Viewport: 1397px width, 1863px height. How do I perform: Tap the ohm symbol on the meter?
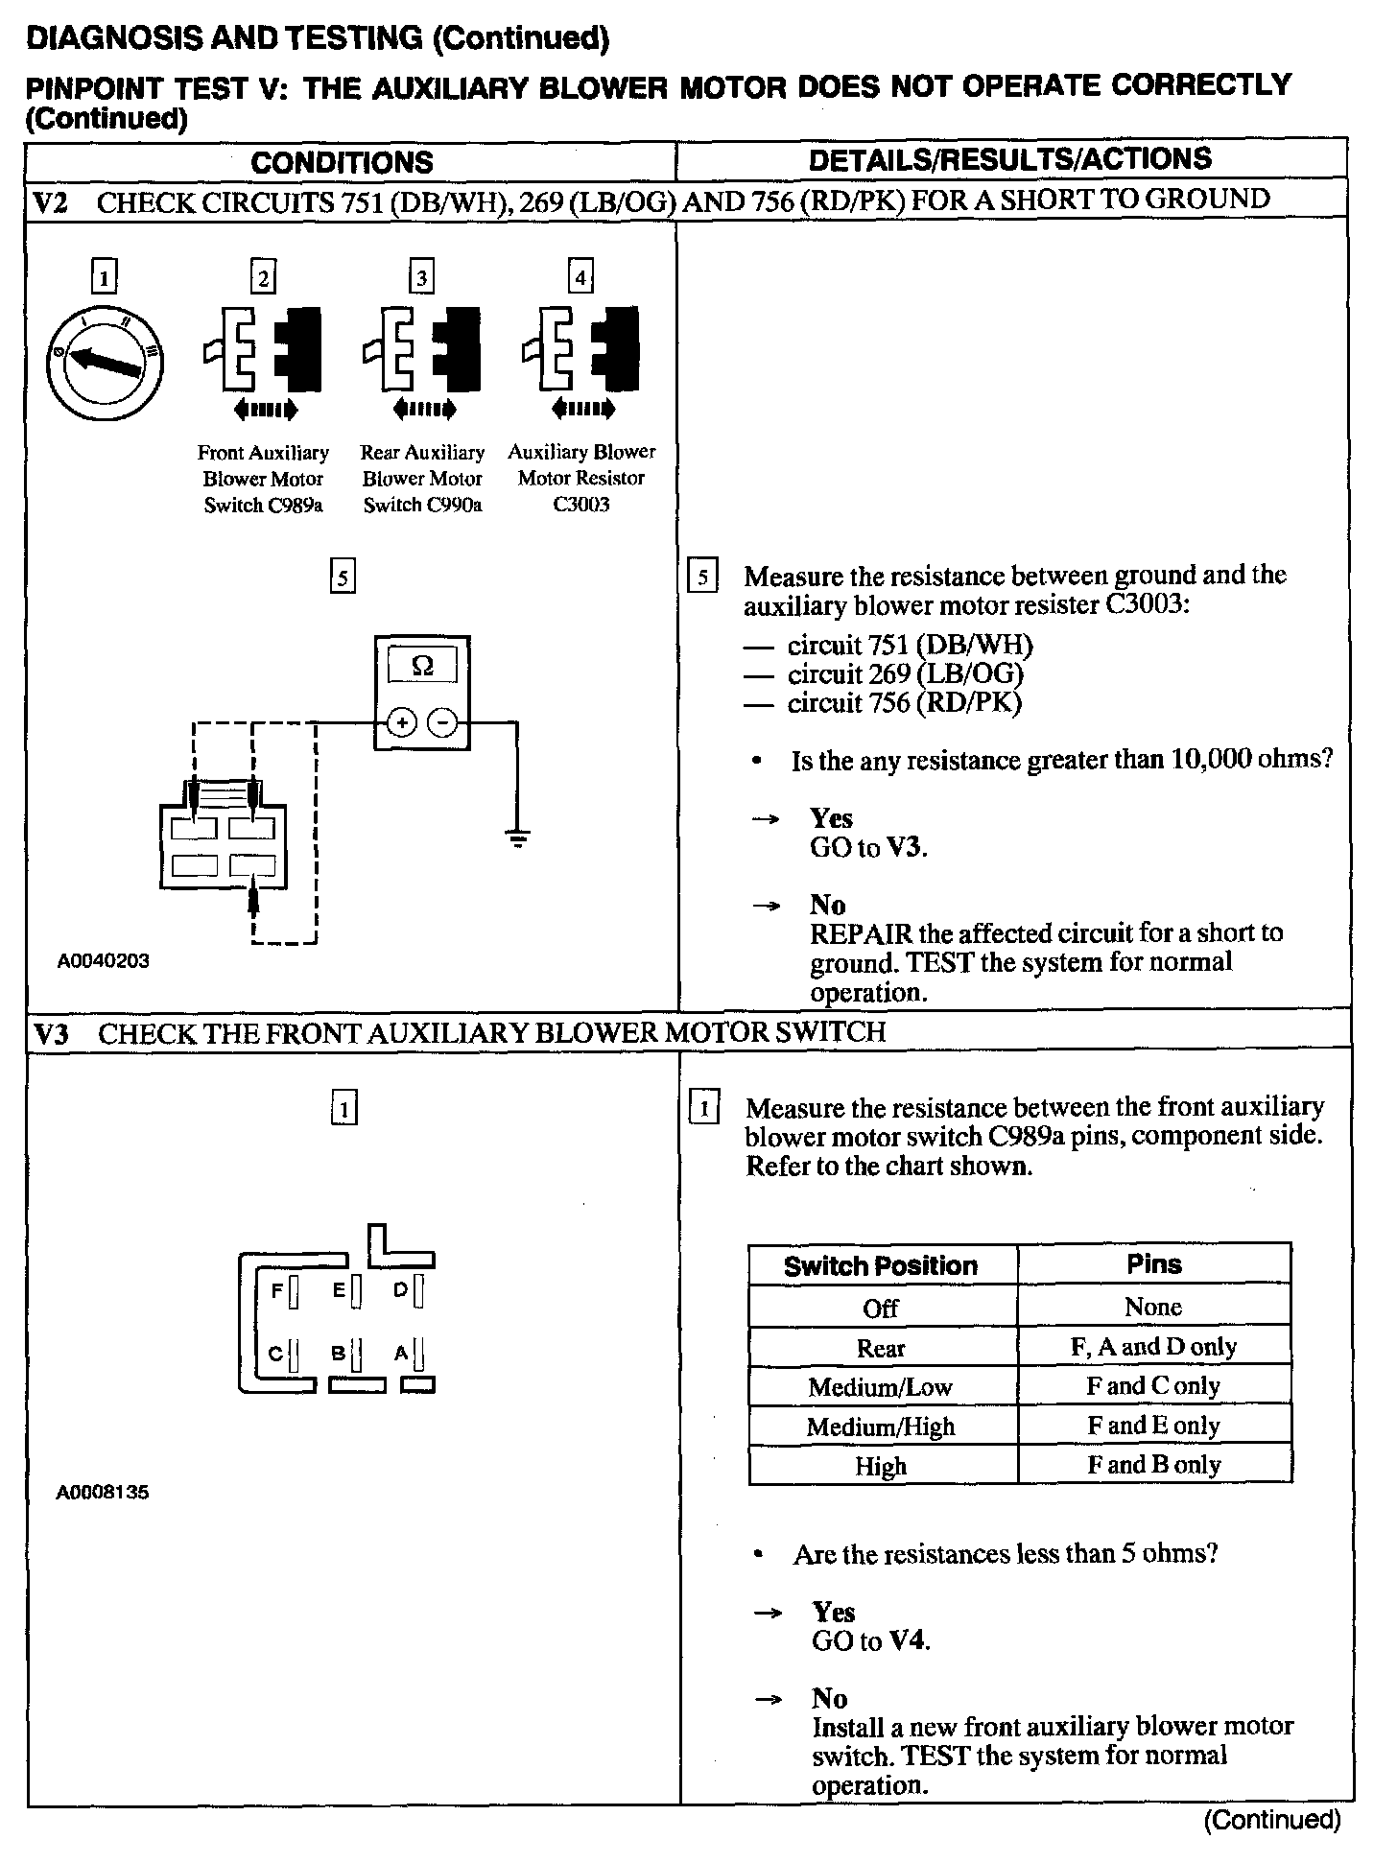click(x=421, y=666)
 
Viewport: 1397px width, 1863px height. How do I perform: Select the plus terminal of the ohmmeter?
click(x=401, y=722)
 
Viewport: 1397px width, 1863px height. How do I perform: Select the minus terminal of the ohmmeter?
click(x=442, y=722)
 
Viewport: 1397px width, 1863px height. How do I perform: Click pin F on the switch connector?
click(x=294, y=1292)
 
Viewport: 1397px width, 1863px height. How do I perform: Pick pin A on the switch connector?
click(x=420, y=1355)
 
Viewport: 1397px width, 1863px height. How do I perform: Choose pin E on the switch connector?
click(x=355, y=1292)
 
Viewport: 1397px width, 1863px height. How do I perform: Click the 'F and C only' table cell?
click(x=1153, y=1386)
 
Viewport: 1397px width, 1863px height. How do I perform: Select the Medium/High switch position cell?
click(x=881, y=1427)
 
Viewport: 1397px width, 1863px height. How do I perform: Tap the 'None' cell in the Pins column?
click(x=1153, y=1307)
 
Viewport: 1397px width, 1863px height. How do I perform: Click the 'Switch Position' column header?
click(x=881, y=1265)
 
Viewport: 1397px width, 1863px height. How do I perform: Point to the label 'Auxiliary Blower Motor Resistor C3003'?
click(x=581, y=478)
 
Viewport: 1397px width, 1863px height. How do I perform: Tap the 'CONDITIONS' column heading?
click(x=343, y=162)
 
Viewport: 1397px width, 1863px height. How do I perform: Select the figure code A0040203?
click(x=103, y=960)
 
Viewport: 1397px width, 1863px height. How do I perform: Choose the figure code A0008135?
click(x=103, y=1493)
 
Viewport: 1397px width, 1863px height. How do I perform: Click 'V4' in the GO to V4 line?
click(x=908, y=1641)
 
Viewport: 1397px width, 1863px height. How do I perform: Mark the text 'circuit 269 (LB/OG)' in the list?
click(x=905, y=674)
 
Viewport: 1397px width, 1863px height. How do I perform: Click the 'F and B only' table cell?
click(x=1153, y=1465)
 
